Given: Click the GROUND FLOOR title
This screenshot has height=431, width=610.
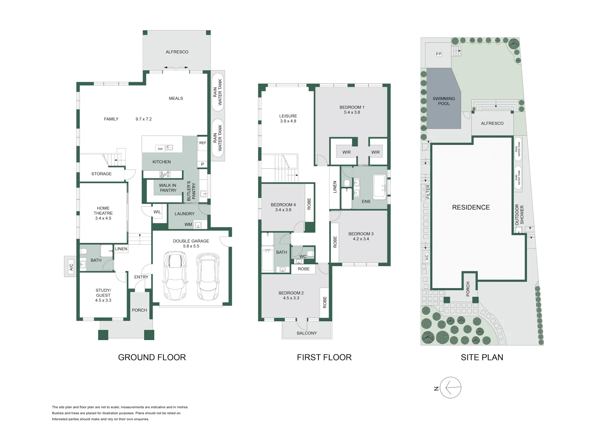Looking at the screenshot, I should (x=152, y=358).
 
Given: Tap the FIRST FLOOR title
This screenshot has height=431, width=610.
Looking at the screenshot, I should (x=324, y=358).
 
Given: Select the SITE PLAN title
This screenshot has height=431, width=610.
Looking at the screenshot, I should (x=482, y=358).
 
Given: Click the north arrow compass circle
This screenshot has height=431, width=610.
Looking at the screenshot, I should (x=451, y=388).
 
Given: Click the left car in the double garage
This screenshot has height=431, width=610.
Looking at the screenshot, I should (x=175, y=276).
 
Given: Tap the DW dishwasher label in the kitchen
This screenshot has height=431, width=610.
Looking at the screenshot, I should (x=160, y=149).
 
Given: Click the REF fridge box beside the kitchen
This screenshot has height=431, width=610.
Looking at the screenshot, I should (x=203, y=143).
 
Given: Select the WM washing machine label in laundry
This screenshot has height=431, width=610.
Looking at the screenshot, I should (x=188, y=224).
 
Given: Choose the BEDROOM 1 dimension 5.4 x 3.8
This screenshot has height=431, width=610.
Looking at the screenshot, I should (x=352, y=113).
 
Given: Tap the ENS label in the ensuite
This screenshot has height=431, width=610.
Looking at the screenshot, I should (x=366, y=202).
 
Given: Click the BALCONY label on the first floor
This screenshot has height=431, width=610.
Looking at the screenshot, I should (x=307, y=333).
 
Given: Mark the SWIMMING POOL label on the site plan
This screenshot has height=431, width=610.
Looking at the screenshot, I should (x=443, y=101).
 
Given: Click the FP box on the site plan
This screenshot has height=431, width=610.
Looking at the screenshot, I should (x=439, y=54).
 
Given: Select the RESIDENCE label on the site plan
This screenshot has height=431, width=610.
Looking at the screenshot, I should (x=471, y=207).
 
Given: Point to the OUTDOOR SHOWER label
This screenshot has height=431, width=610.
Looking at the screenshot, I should (x=519, y=215).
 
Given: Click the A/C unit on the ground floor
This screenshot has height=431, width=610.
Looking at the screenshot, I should (x=71, y=267).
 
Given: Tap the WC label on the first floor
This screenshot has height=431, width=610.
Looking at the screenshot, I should (x=303, y=256).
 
